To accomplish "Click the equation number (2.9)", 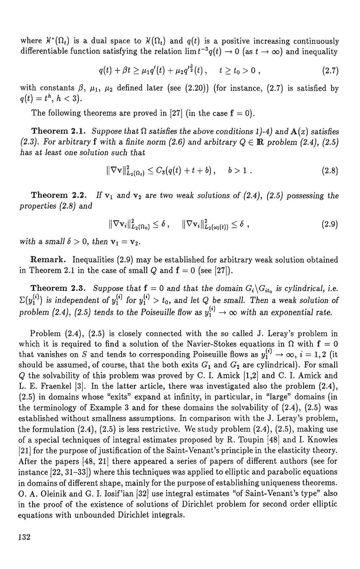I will coord(330,224).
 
